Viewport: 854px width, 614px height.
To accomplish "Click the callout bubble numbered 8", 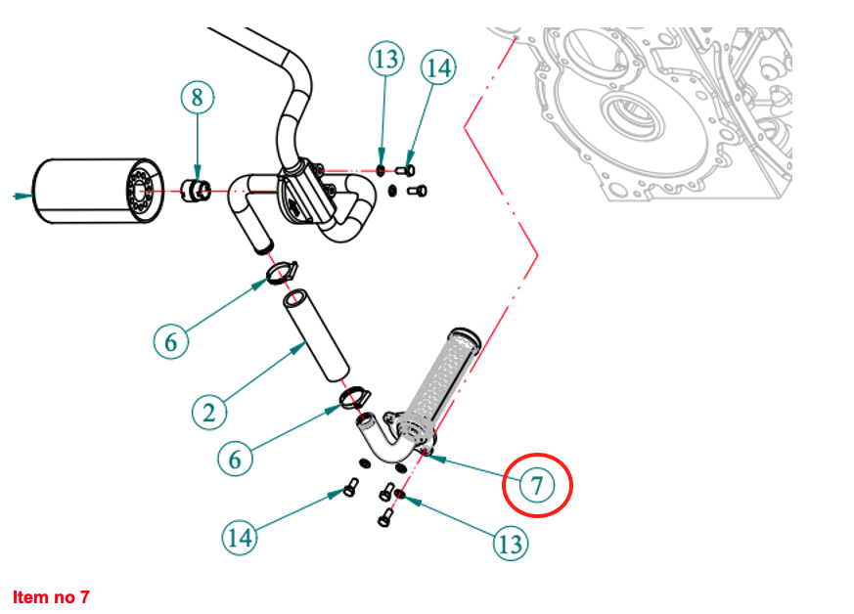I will tap(198, 97).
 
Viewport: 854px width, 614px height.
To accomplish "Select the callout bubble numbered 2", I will tap(208, 412).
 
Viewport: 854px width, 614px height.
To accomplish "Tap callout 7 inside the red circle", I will tap(537, 484).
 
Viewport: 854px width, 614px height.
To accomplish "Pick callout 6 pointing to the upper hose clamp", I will tap(171, 341).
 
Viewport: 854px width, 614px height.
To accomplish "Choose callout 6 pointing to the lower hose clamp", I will tap(236, 458).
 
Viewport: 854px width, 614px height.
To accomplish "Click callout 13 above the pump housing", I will tap(386, 60).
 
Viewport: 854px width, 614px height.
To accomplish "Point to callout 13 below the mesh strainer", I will tap(511, 544).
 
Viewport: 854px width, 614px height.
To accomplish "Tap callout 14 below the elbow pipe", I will tap(241, 537).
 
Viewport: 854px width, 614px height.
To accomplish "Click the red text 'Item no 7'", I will tap(51, 595).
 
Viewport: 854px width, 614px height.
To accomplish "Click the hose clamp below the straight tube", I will tap(354, 396).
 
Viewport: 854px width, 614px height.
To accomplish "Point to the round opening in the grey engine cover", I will tap(627, 114).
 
